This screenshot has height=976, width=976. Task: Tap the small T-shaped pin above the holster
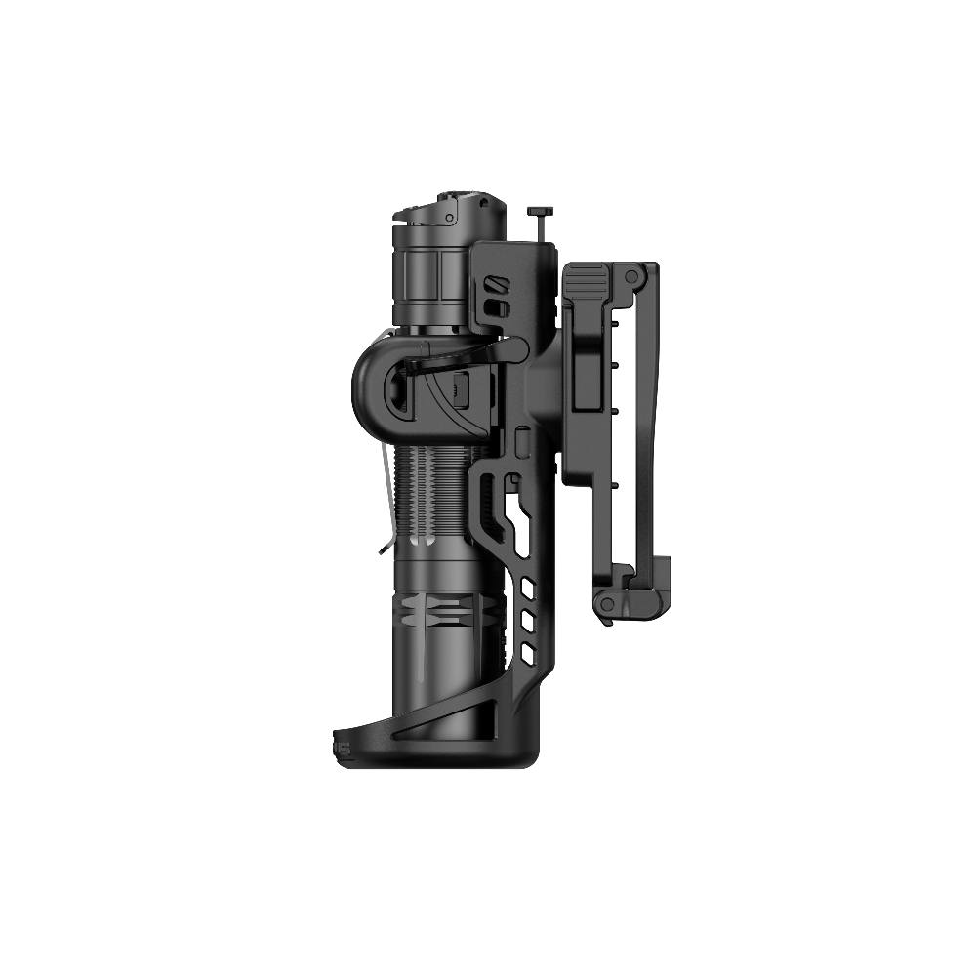[x=538, y=212]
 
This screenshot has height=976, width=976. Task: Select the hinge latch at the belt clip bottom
[x=610, y=604]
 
